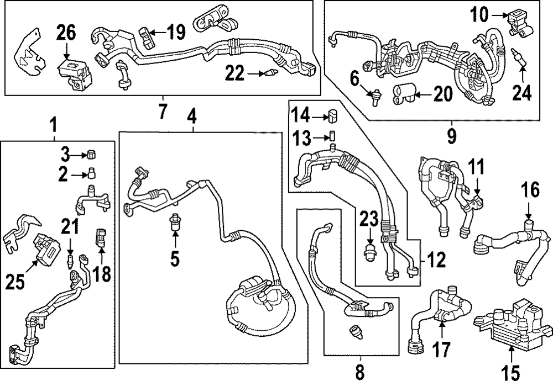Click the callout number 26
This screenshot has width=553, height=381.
(x=66, y=35)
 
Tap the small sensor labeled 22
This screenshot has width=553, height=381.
(x=269, y=72)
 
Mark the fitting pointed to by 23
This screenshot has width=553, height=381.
(x=369, y=253)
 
